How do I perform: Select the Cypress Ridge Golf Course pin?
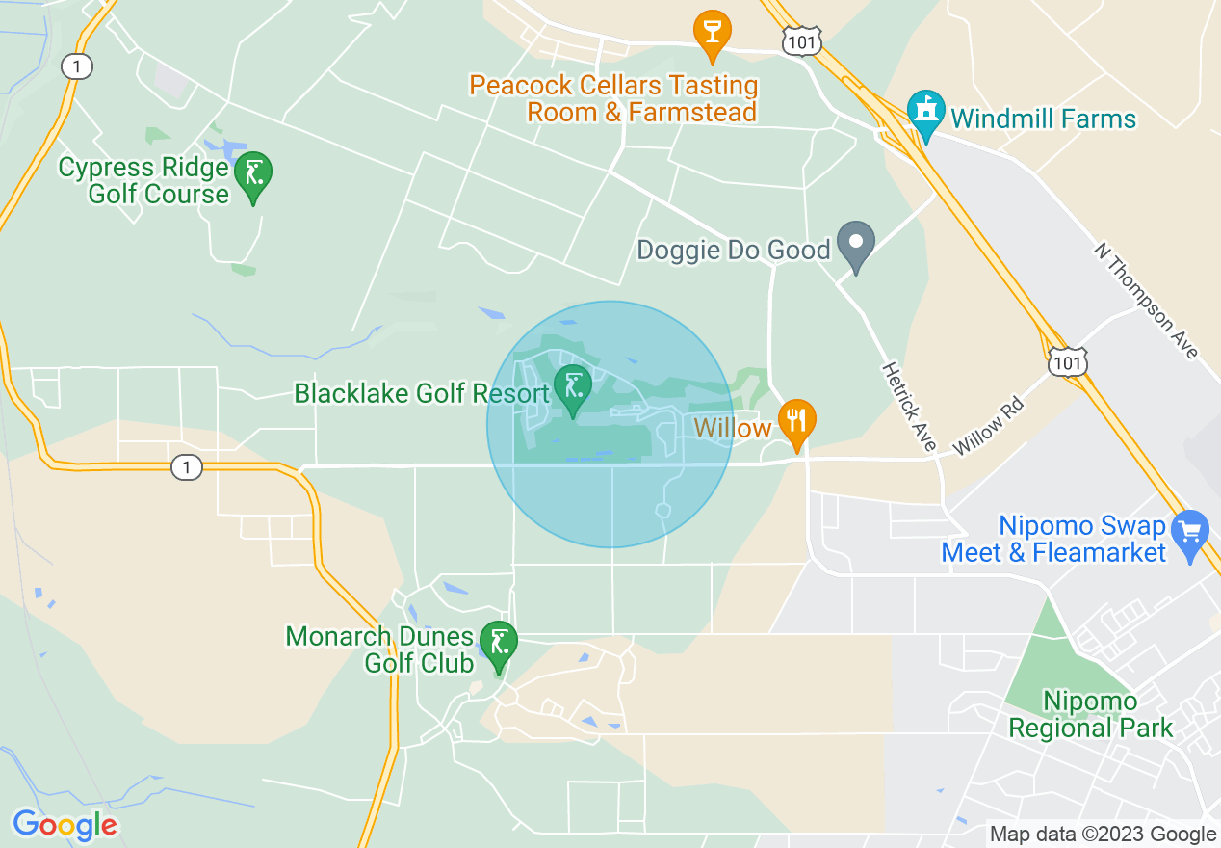click(253, 175)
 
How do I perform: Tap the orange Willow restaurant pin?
click(796, 422)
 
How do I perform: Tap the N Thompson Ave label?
click(1146, 300)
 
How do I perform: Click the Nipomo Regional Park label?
click(1091, 714)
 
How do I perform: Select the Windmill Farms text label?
click(1044, 119)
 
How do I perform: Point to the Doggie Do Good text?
click(734, 251)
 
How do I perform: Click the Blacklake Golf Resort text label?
click(422, 393)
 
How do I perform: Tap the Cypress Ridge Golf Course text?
click(144, 180)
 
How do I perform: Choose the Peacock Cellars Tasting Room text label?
click(613, 98)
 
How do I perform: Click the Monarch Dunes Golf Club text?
click(380, 649)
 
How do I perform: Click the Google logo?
click(65, 825)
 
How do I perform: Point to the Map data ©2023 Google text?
click(1104, 835)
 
